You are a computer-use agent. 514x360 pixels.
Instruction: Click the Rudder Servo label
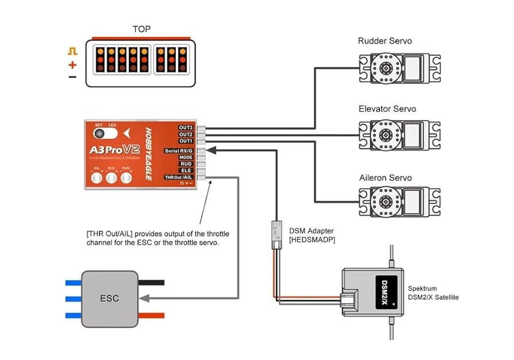pos(385,41)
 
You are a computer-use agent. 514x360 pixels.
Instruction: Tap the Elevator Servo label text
pos(387,109)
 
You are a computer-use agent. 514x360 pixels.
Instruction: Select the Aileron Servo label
pos(385,178)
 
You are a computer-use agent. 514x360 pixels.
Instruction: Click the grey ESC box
pos(109,299)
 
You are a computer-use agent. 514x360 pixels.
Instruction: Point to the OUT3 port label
pos(185,128)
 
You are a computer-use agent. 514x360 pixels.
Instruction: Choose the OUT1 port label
pos(185,141)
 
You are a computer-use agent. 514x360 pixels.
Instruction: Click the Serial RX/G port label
pos(178,151)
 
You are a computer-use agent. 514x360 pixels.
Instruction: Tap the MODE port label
pos(185,157)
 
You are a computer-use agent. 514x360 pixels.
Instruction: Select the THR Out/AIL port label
pos(179,178)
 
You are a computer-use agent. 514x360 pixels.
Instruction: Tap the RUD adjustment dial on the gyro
pos(126,178)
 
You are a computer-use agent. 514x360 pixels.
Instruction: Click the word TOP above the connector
pos(142,29)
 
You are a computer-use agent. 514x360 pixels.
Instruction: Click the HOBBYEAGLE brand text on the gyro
pos(148,153)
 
